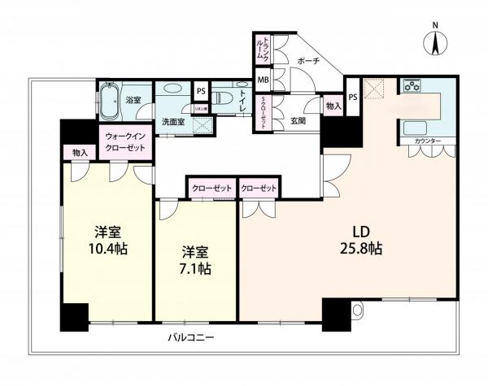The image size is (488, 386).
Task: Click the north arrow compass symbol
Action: point(435,40)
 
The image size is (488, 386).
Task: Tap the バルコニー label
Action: point(191,336)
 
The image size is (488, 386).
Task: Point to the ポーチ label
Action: point(308,61)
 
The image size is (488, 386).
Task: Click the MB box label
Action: point(263,80)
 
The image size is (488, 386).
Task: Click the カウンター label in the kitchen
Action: point(428,141)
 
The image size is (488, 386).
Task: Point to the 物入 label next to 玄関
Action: point(333,106)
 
